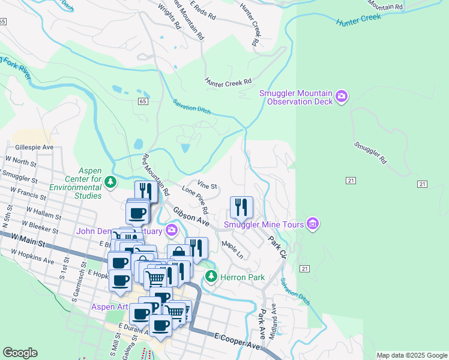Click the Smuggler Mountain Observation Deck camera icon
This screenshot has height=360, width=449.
pyautogui.click(x=342, y=97)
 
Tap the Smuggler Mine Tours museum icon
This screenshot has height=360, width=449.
pyautogui.click(x=312, y=224)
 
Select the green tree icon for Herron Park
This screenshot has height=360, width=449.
pyautogui.click(x=211, y=276)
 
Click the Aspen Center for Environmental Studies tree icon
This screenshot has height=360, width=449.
pyautogui.click(x=110, y=181)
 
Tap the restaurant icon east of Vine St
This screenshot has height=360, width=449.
pyautogui.click(x=241, y=208)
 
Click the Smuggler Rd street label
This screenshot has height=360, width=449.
pyautogui.click(x=369, y=154)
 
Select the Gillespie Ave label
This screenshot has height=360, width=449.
pyautogui.click(x=34, y=147)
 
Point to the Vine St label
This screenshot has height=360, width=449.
pyautogui.click(x=206, y=187)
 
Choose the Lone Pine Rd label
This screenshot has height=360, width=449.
pyautogui.click(x=194, y=200)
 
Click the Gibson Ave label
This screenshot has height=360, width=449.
pyautogui.click(x=191, y=217)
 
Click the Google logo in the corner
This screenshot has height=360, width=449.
pyautogui.click(x=20, y=353)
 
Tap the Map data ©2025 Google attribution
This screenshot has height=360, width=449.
pyautogui.click(x=411, y=355)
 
